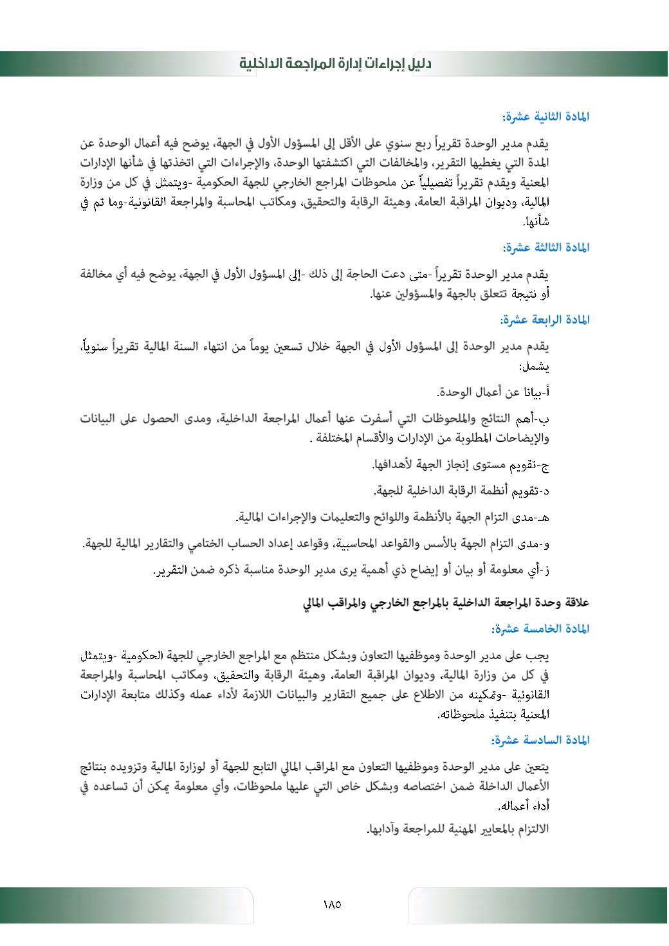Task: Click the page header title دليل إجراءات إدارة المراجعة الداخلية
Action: tap(335, 64)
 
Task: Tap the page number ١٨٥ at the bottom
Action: tap(332, 904)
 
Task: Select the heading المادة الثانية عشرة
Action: tap(545, 117)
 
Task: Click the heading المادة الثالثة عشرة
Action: tap(545, 248)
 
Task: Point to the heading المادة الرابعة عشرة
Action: tap(545, 320)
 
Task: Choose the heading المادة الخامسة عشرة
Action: tap(540, 628)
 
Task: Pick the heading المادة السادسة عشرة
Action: tap(540, 740)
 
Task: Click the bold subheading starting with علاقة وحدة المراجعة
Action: tap(446, 603)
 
